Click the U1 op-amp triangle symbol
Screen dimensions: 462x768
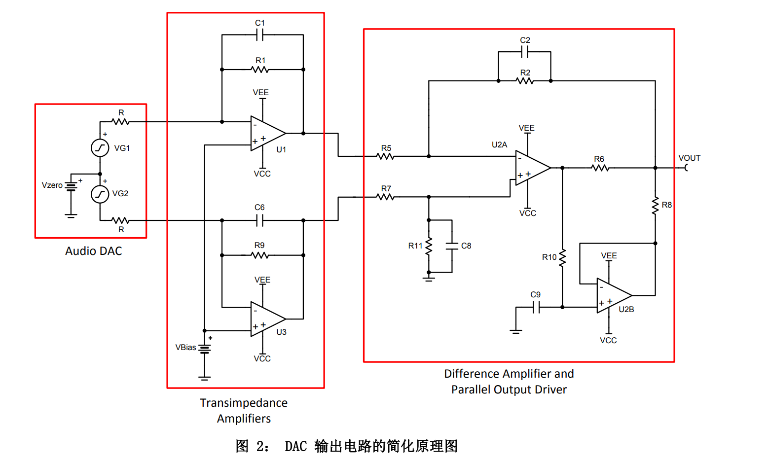click(266, 133)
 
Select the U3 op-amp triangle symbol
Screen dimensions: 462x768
click(266, 319)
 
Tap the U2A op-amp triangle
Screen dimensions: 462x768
click(531, 168)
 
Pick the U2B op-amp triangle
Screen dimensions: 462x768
click(612, 295)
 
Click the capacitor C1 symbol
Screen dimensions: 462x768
click(260, 35)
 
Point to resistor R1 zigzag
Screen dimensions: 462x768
click(260, 70)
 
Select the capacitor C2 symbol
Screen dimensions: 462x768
click(525, 51)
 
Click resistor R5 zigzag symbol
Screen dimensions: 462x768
click(386, 156)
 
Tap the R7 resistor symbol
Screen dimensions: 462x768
click(386, 197)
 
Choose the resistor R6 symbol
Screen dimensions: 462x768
click(600, 168)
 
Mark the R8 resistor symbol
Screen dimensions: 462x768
click(655, 206)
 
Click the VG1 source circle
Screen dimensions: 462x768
click(100, 148)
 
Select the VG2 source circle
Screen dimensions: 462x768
click(100, 194)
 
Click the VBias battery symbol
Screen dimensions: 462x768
click(205, 349)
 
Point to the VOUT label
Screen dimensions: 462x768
click(689, 158)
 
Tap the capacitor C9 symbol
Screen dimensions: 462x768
click(536, 307)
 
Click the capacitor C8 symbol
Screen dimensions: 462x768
click(452, 246)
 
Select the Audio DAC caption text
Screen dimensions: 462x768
click(94, 251)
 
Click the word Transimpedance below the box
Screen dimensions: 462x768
click(244, 403)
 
